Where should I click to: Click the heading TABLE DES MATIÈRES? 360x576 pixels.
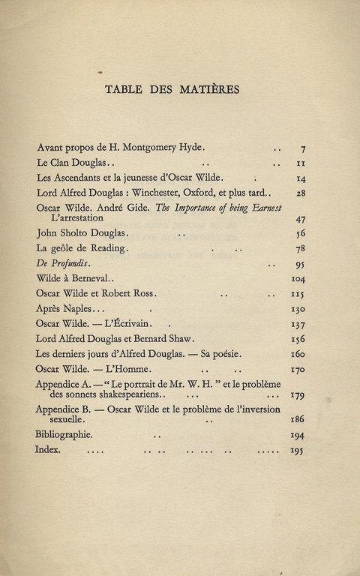coord(172,89)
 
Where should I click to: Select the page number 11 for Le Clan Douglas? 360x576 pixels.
coord(300,163)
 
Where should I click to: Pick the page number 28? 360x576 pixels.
coord(300,193)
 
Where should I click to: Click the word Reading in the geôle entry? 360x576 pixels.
coord(109,248)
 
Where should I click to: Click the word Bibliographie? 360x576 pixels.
coord(64,435)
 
